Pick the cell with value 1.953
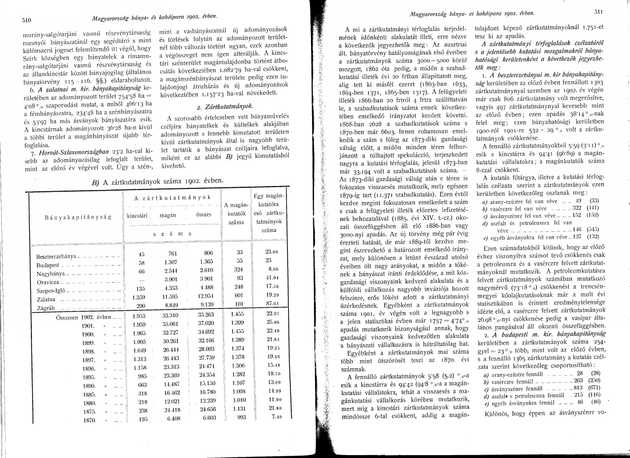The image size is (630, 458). [x=139, y=316]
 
